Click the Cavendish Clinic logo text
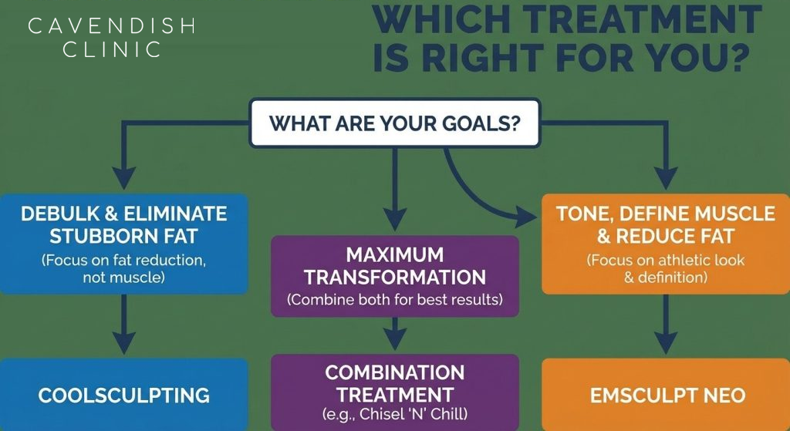[111, 38]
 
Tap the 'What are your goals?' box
[394, 123]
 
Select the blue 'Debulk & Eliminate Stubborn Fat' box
[124, 244]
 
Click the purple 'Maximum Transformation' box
[394, 276]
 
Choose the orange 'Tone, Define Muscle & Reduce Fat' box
[666, 244]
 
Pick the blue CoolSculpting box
[124, 395]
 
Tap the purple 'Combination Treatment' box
[394, 392]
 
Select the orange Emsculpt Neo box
[666, 395]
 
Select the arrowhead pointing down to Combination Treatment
[395, 338]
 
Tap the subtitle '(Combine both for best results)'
[394, 300]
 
